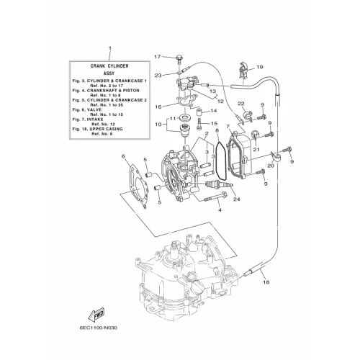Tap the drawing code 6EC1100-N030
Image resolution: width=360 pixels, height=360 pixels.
coord(98,328)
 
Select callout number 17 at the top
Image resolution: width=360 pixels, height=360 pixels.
coord(158,57)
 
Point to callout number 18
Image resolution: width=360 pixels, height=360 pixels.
coord(266,282)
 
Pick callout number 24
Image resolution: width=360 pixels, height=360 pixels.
coord(237,199)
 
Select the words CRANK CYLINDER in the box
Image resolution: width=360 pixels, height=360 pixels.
coord(109,66)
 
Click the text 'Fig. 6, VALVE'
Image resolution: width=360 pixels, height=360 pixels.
coord(87,109)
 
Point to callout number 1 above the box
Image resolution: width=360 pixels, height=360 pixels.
coord(110,48)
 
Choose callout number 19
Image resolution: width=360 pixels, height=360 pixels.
coord(260,67)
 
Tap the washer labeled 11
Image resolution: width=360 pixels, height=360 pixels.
coord(185,118)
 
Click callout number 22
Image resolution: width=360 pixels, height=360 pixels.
coord(241,104)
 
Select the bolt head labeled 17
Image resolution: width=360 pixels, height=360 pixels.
coord(179,57)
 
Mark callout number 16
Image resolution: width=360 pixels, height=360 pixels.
coord(158,107)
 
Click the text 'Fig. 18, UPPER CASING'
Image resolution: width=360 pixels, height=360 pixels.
coord(98,129)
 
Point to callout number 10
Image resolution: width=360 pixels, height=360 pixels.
coord(158,125)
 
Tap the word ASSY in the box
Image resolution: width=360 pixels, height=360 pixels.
coord(109,73)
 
